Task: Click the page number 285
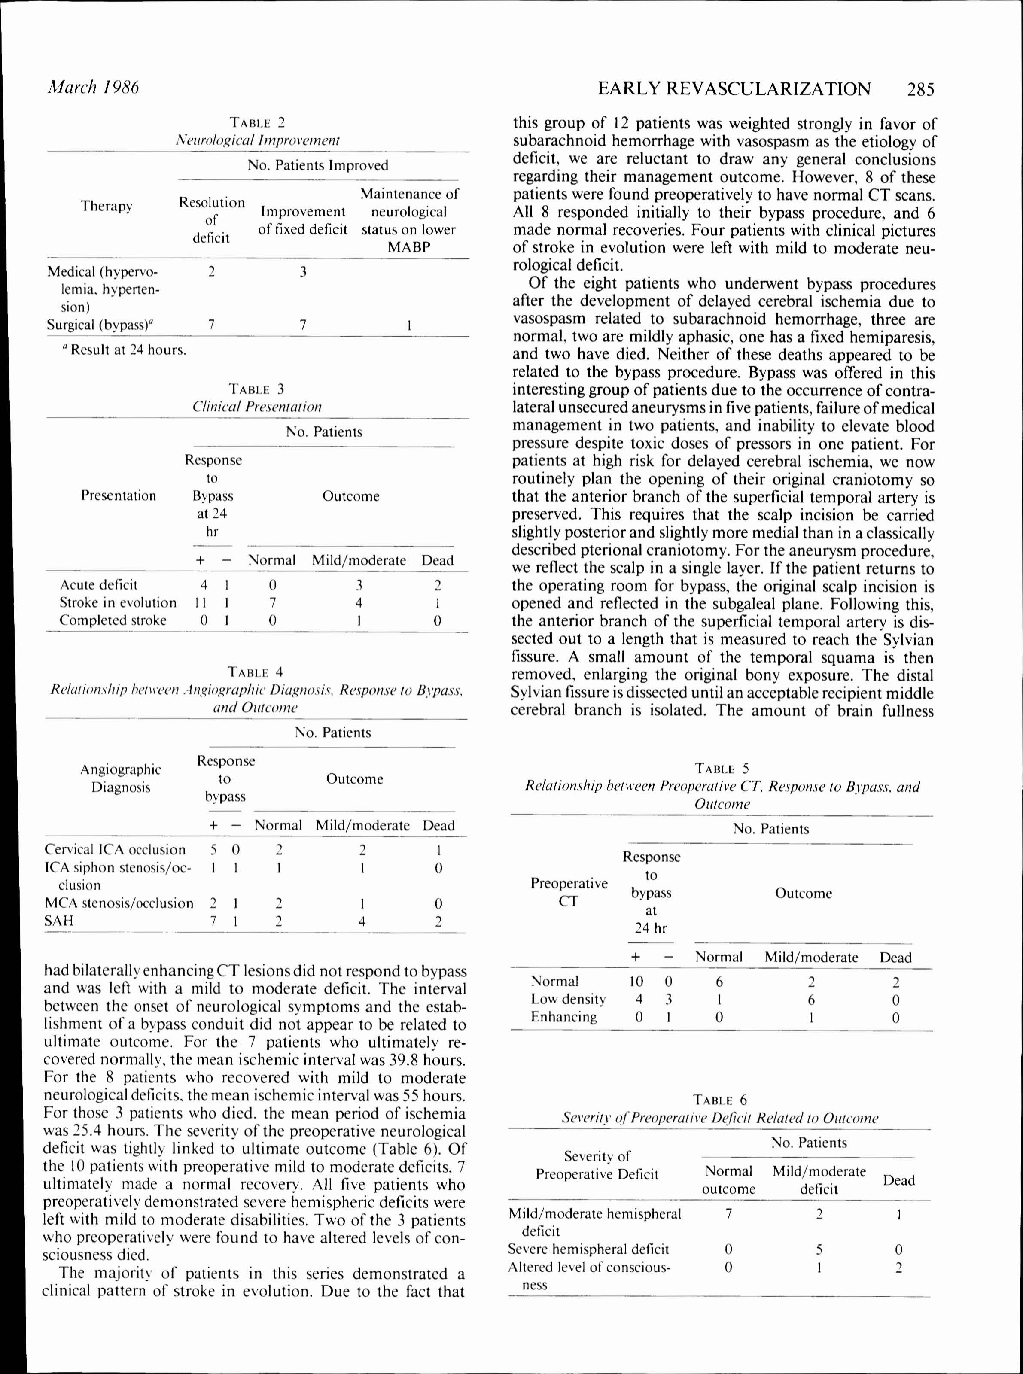click(920, 90)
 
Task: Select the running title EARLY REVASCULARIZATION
click(734, 89)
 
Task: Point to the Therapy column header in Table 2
click(107, 206)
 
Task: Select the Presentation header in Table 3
click(118, 495)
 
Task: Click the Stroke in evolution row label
click(118, 602)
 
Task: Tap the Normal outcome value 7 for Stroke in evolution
click(272, 602)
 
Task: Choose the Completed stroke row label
click(113, 620)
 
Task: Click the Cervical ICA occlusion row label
click(115, 850)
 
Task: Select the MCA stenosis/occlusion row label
click(119, 903)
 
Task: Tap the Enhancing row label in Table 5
click(563, 1017)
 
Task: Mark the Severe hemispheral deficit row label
click(588, 1249)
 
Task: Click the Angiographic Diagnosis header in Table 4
click(121, 778)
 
